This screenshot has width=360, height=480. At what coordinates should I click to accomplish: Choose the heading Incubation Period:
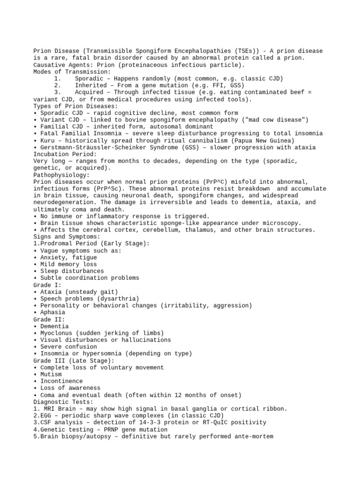tap(65, 154)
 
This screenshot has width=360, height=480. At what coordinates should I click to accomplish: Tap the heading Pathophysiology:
tap(63, 175)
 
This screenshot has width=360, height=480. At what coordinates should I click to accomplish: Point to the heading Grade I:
tap(47, 285)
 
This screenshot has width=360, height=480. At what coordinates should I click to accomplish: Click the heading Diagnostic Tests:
tap(63, 402)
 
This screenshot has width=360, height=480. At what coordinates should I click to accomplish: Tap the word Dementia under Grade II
tap(54, 326)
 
